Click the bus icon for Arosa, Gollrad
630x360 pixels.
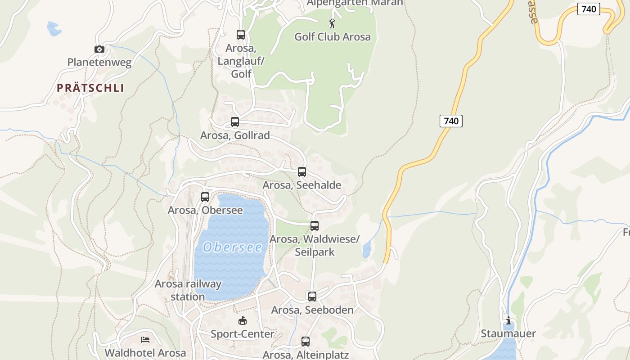pyautogui.click(x=234, y=121)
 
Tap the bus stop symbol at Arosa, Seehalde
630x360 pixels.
pyautogui.click(x=302, y=172)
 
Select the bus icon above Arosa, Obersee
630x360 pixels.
pyautogui.click(x=205, y=197)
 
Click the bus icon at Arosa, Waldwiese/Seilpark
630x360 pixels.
pyautogui.click(x=315, y=226)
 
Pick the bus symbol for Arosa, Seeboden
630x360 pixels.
pyautogui.click(x=312, y=297)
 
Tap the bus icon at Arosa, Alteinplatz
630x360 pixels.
pyautogui.click(x=306, y=342)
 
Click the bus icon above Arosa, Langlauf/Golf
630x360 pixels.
pyautogui.click(x=241, y=35)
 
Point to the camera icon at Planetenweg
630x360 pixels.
pyautogui.click(x=99, y=49)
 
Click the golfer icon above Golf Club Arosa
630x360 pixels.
pyautogui.click(x=333, y=23)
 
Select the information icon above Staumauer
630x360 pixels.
pyautogui.click(x=508, y=320)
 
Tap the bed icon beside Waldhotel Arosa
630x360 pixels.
pyautogui.click(x=145, y=340)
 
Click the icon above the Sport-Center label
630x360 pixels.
pyautogui.click(x=243, y=320)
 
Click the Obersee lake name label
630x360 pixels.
pyautogui.click(x=232, y=247)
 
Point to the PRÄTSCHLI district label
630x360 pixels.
pyautogui.click(x=90, y=88)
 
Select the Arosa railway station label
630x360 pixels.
pyautogui.click(x=188, y=290)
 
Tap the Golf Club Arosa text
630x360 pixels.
pyautogui.click(x=333, y=37)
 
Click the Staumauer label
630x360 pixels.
pyautogui.click(x=508, y=333)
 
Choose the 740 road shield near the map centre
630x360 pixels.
pyautogui.click(x=451, y=121)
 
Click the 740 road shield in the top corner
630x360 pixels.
pyautogui.click(x=589, y=9)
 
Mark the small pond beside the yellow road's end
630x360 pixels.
pyautogui.click(x=367, y=249)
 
